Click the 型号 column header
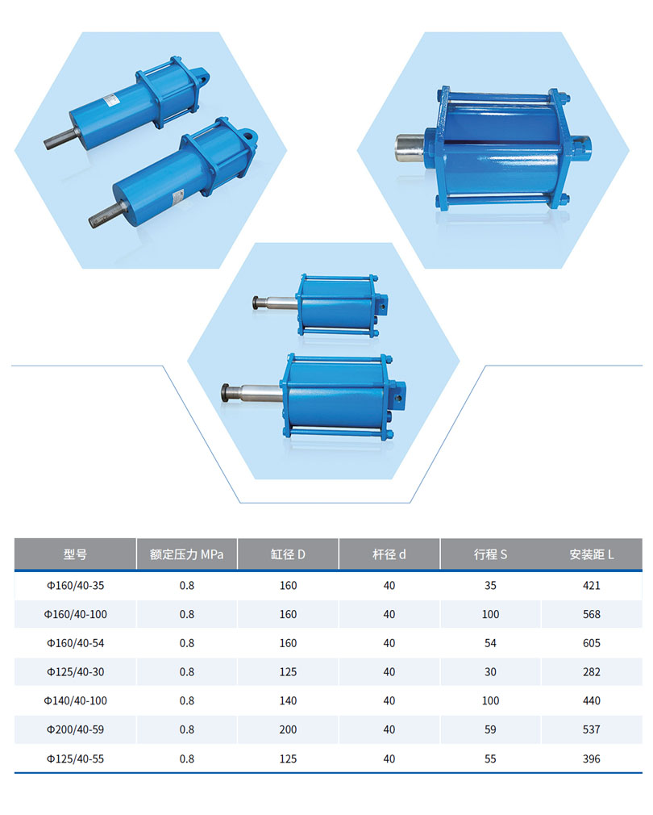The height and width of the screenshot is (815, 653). click(x=75, y=554)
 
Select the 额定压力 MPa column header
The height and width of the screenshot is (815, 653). click(x=186, y=554)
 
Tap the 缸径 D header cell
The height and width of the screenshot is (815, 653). click(x=288, y=554)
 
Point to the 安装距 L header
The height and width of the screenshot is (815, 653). click(x=591, y=554)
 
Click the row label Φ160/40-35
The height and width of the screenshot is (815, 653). click(x=75, y=585)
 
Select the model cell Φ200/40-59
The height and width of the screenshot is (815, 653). click(x=75, y=729)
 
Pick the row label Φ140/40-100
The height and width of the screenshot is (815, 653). click(x=75, y=700)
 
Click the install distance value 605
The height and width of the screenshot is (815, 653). click(x=591, y=643)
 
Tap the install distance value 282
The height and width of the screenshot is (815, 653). click(x=591, y=672)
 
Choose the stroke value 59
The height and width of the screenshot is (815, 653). click(x=490, y=729)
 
